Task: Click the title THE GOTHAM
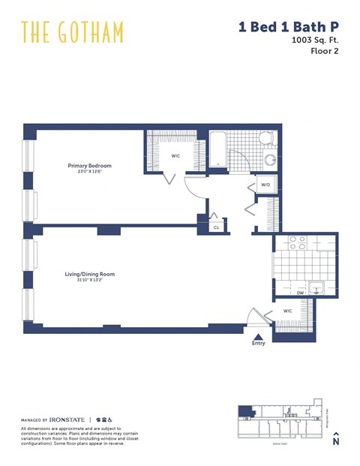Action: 73,32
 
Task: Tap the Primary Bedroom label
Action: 89,165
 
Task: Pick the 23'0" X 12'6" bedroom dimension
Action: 89,172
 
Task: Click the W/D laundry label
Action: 265,185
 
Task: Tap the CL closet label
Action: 216,226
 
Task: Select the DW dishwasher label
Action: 300,293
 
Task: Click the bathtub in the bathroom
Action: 216,149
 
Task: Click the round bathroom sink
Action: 270,160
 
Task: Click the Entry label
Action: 258,343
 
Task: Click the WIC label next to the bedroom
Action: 175,156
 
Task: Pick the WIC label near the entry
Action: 287,310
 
